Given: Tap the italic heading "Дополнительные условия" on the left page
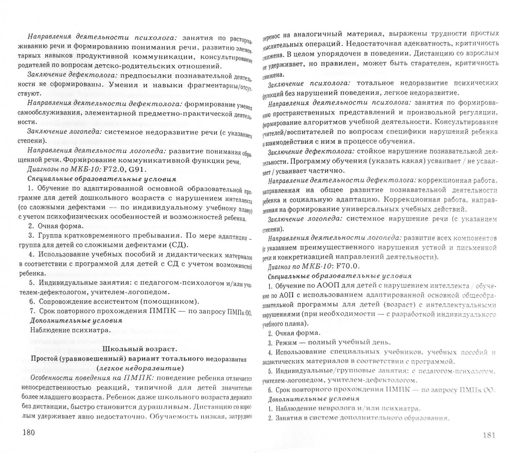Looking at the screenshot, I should [76, 320].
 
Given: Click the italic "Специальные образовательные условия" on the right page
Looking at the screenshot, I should [339, 276].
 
